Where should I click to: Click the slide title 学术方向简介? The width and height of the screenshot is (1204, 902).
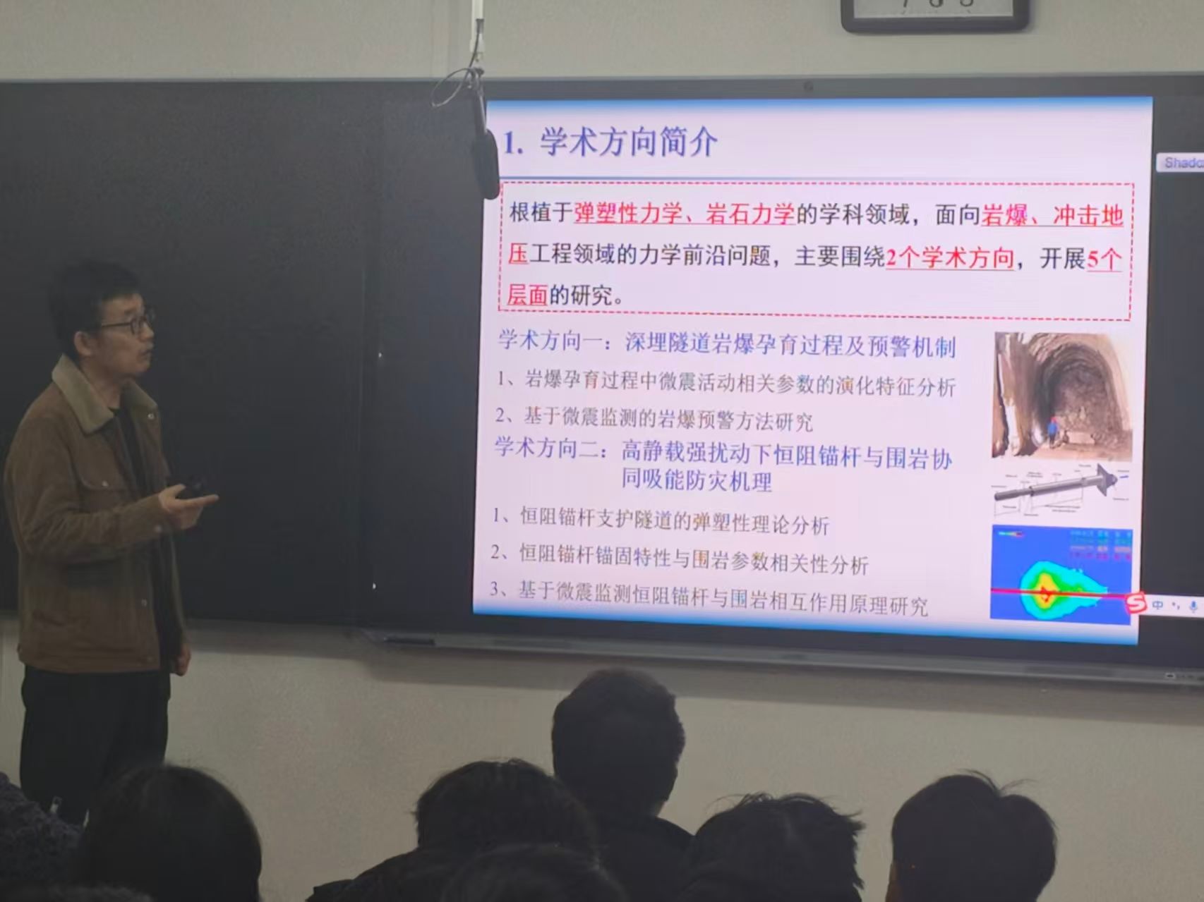[x=628, y=142]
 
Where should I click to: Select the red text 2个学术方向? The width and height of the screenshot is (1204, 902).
[x=950, y=258]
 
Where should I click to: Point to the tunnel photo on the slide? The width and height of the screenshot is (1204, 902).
[x=1063, y=396]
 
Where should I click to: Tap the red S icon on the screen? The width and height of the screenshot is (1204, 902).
[x=1135, y=603]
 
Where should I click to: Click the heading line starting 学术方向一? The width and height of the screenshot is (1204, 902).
[x=727, y=344]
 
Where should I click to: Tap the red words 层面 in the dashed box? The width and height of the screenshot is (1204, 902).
[x=527, y=295]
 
